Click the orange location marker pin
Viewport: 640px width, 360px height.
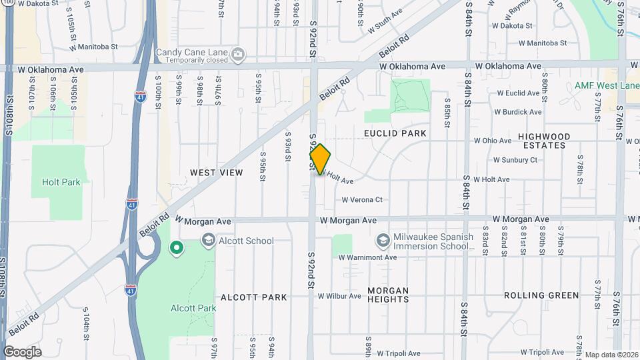coord(320,159)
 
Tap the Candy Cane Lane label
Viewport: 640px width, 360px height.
coord(192,53)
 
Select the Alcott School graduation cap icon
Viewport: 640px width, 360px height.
coord(208,241)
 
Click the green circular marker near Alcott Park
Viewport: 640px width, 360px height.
coord(177,249)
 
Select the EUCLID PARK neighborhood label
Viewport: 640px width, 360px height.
coord(395,133)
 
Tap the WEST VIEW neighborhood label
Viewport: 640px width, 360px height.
coord(217,173)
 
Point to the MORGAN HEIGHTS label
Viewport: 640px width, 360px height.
coord(388,295)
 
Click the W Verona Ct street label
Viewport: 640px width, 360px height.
coord(362,199)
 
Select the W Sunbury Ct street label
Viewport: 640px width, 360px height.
coord(515,160)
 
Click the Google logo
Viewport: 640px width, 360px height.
coord(22,352)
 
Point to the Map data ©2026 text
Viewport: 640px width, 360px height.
coord(611,355)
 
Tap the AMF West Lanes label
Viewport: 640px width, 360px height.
coord(607,86)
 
